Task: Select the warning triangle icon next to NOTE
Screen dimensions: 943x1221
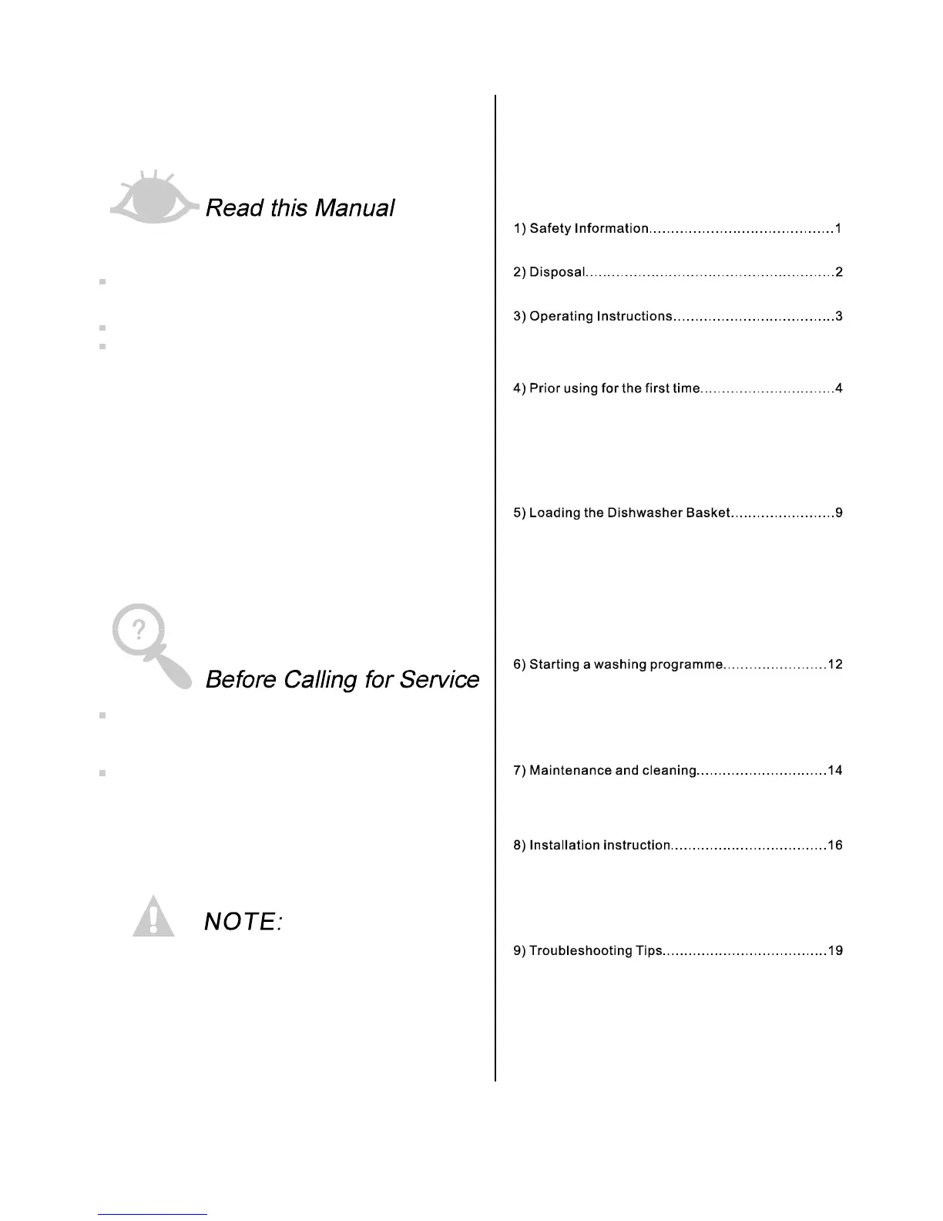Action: (153, 917)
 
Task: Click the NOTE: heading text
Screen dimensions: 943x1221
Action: (243, 921)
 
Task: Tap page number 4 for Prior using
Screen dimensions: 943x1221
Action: (839, 388)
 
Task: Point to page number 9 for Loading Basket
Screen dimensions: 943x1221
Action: (839, 513)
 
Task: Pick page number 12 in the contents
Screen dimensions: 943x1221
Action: (835, 664)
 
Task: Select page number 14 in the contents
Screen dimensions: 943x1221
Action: (835, 770)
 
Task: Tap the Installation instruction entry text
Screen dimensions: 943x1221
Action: (599, 845)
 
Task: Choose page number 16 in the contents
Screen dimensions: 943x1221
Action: (835, 845)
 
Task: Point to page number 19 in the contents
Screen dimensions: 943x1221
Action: (835, 950)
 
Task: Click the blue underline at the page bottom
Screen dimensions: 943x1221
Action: (153, 1214)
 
